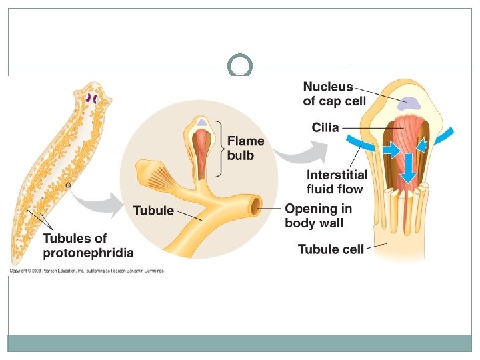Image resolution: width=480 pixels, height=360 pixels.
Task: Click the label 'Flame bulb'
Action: pos(245,147)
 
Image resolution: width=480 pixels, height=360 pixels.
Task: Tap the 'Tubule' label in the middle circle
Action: pos(153,211)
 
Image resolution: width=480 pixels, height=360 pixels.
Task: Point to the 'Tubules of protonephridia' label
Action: pos(88,245)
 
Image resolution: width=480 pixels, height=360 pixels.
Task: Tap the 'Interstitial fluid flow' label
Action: pos(337,181)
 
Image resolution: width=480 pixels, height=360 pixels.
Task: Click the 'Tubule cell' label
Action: pos(331,249)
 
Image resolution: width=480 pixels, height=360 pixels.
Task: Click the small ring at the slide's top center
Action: pos(239,66)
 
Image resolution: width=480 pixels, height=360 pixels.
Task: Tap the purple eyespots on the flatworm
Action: pos(91,100)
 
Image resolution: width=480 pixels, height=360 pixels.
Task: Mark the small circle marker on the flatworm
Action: pos(68,185)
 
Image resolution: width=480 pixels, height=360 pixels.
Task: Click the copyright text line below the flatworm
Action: pos(86,271)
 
